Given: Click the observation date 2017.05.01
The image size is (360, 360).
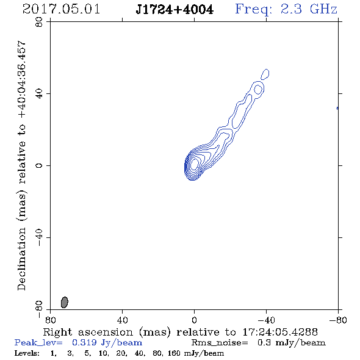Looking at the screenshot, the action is [61, 9].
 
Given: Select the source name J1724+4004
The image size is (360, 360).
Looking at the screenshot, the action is [175, 10].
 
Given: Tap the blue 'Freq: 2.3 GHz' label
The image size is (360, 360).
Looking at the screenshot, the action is [286, 9].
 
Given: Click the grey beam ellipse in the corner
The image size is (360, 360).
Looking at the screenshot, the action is [65, 302].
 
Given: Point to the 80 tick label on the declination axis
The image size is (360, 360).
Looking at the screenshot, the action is [39, 22].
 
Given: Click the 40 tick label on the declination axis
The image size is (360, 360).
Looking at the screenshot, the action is [39, 94].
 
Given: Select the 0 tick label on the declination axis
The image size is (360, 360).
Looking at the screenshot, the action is [39, 165].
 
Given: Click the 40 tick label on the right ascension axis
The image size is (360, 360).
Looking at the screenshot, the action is [122, 320].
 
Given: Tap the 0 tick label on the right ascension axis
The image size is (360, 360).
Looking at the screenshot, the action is [194, 320].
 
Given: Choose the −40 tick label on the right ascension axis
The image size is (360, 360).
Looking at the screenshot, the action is [266, 320].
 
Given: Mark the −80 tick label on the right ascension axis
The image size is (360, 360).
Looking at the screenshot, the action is [338, 320].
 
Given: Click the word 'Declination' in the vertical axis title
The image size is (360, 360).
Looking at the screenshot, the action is [21, 259].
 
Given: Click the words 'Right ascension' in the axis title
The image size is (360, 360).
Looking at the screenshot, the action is [88, 332].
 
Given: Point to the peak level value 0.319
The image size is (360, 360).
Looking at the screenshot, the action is [84, 342].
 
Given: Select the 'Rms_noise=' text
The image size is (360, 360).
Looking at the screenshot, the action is [220, 343].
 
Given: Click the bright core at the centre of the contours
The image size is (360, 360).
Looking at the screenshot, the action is [194, 164].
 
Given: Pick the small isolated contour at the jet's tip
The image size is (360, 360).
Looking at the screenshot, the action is [265, 74].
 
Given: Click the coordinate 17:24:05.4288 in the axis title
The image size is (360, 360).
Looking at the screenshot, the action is [280, 332].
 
